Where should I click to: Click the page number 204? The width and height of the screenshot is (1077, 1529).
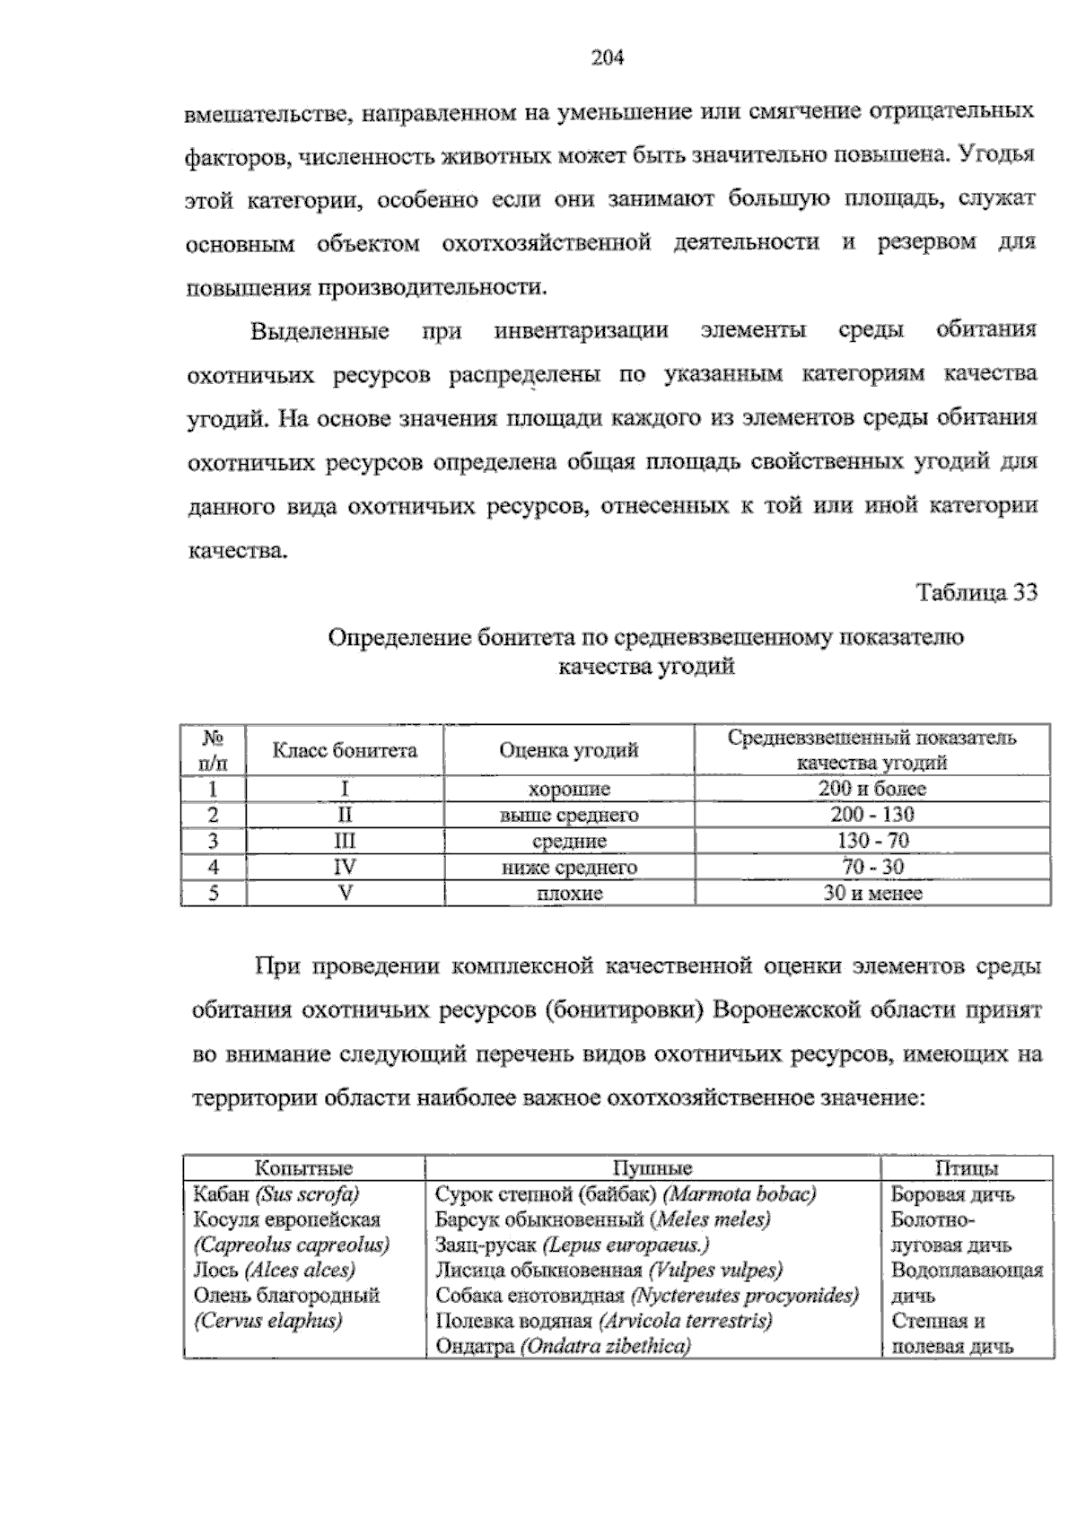pyautogui.click(x=607, y=58)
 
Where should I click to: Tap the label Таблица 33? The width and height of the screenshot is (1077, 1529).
pyautogui.click(x=976, y=593)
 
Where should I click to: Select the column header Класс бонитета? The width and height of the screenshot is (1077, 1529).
pyautogui.click(x=345, y=750)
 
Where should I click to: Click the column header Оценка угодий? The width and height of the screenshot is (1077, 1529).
pyautogui.click(x=569, y=750)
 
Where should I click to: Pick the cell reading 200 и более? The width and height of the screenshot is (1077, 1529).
pyautogui.click(x=871, y=789)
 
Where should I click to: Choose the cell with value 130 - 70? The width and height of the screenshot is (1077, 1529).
pyautogui.click(x=871, y=841)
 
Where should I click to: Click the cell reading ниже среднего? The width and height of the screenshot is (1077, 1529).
pyautogui.click(x=569, y=867)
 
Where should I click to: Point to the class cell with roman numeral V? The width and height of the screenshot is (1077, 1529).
pyautogui.click(x=345, y=893)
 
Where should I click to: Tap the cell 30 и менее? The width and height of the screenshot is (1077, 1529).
pyautogui.click(x=871, y=893)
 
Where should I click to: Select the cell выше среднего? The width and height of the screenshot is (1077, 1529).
pyautogui.click(x=569, y=815)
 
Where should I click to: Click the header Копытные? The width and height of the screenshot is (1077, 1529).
pyautogui.click(x=303, y=1168)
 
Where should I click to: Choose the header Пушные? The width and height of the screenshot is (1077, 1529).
pyautogui.click(x=652, y=1168)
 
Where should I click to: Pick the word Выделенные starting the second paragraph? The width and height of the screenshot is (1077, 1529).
pyautogui.click(x=320, y=330)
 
